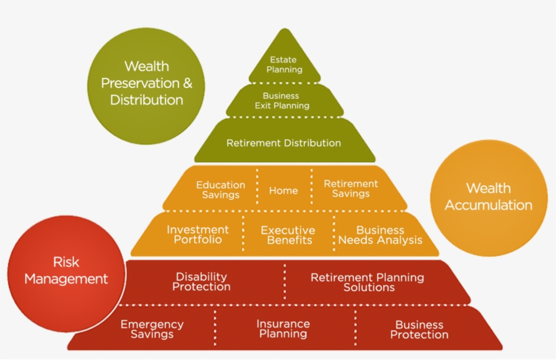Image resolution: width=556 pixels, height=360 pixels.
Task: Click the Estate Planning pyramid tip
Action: [x=284, y=64]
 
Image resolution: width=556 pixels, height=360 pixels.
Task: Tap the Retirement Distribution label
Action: [x=284, y=143]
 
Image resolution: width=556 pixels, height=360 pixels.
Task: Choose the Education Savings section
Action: [x=220, y=189]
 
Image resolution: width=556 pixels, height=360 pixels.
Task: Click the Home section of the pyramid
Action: [x=284, y=191]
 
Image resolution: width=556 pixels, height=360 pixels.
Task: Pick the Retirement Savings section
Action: [x=350, y=189]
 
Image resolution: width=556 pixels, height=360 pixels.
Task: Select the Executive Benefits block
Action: [x=288, y=235]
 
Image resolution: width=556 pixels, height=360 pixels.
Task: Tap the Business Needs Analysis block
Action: [x=380, y=235]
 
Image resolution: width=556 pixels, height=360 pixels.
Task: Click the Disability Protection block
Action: [x=202, y=282]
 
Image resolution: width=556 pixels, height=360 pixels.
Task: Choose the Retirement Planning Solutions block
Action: [x=368, y=282]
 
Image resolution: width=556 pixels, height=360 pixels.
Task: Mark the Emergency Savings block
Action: [x=152, y=329]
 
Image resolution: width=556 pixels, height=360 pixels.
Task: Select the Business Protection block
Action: [x=419, y=330]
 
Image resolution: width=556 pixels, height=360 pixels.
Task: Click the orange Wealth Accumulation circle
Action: [x=488, y=197]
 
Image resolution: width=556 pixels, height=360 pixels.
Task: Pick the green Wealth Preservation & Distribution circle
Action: [x=147, y=83]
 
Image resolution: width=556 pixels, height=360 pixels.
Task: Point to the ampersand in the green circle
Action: [x=187, y=83]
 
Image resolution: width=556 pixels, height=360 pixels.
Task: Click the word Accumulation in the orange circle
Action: [x=489, y=205]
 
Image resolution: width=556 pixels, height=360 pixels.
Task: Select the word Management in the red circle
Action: [x=66, y=279]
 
